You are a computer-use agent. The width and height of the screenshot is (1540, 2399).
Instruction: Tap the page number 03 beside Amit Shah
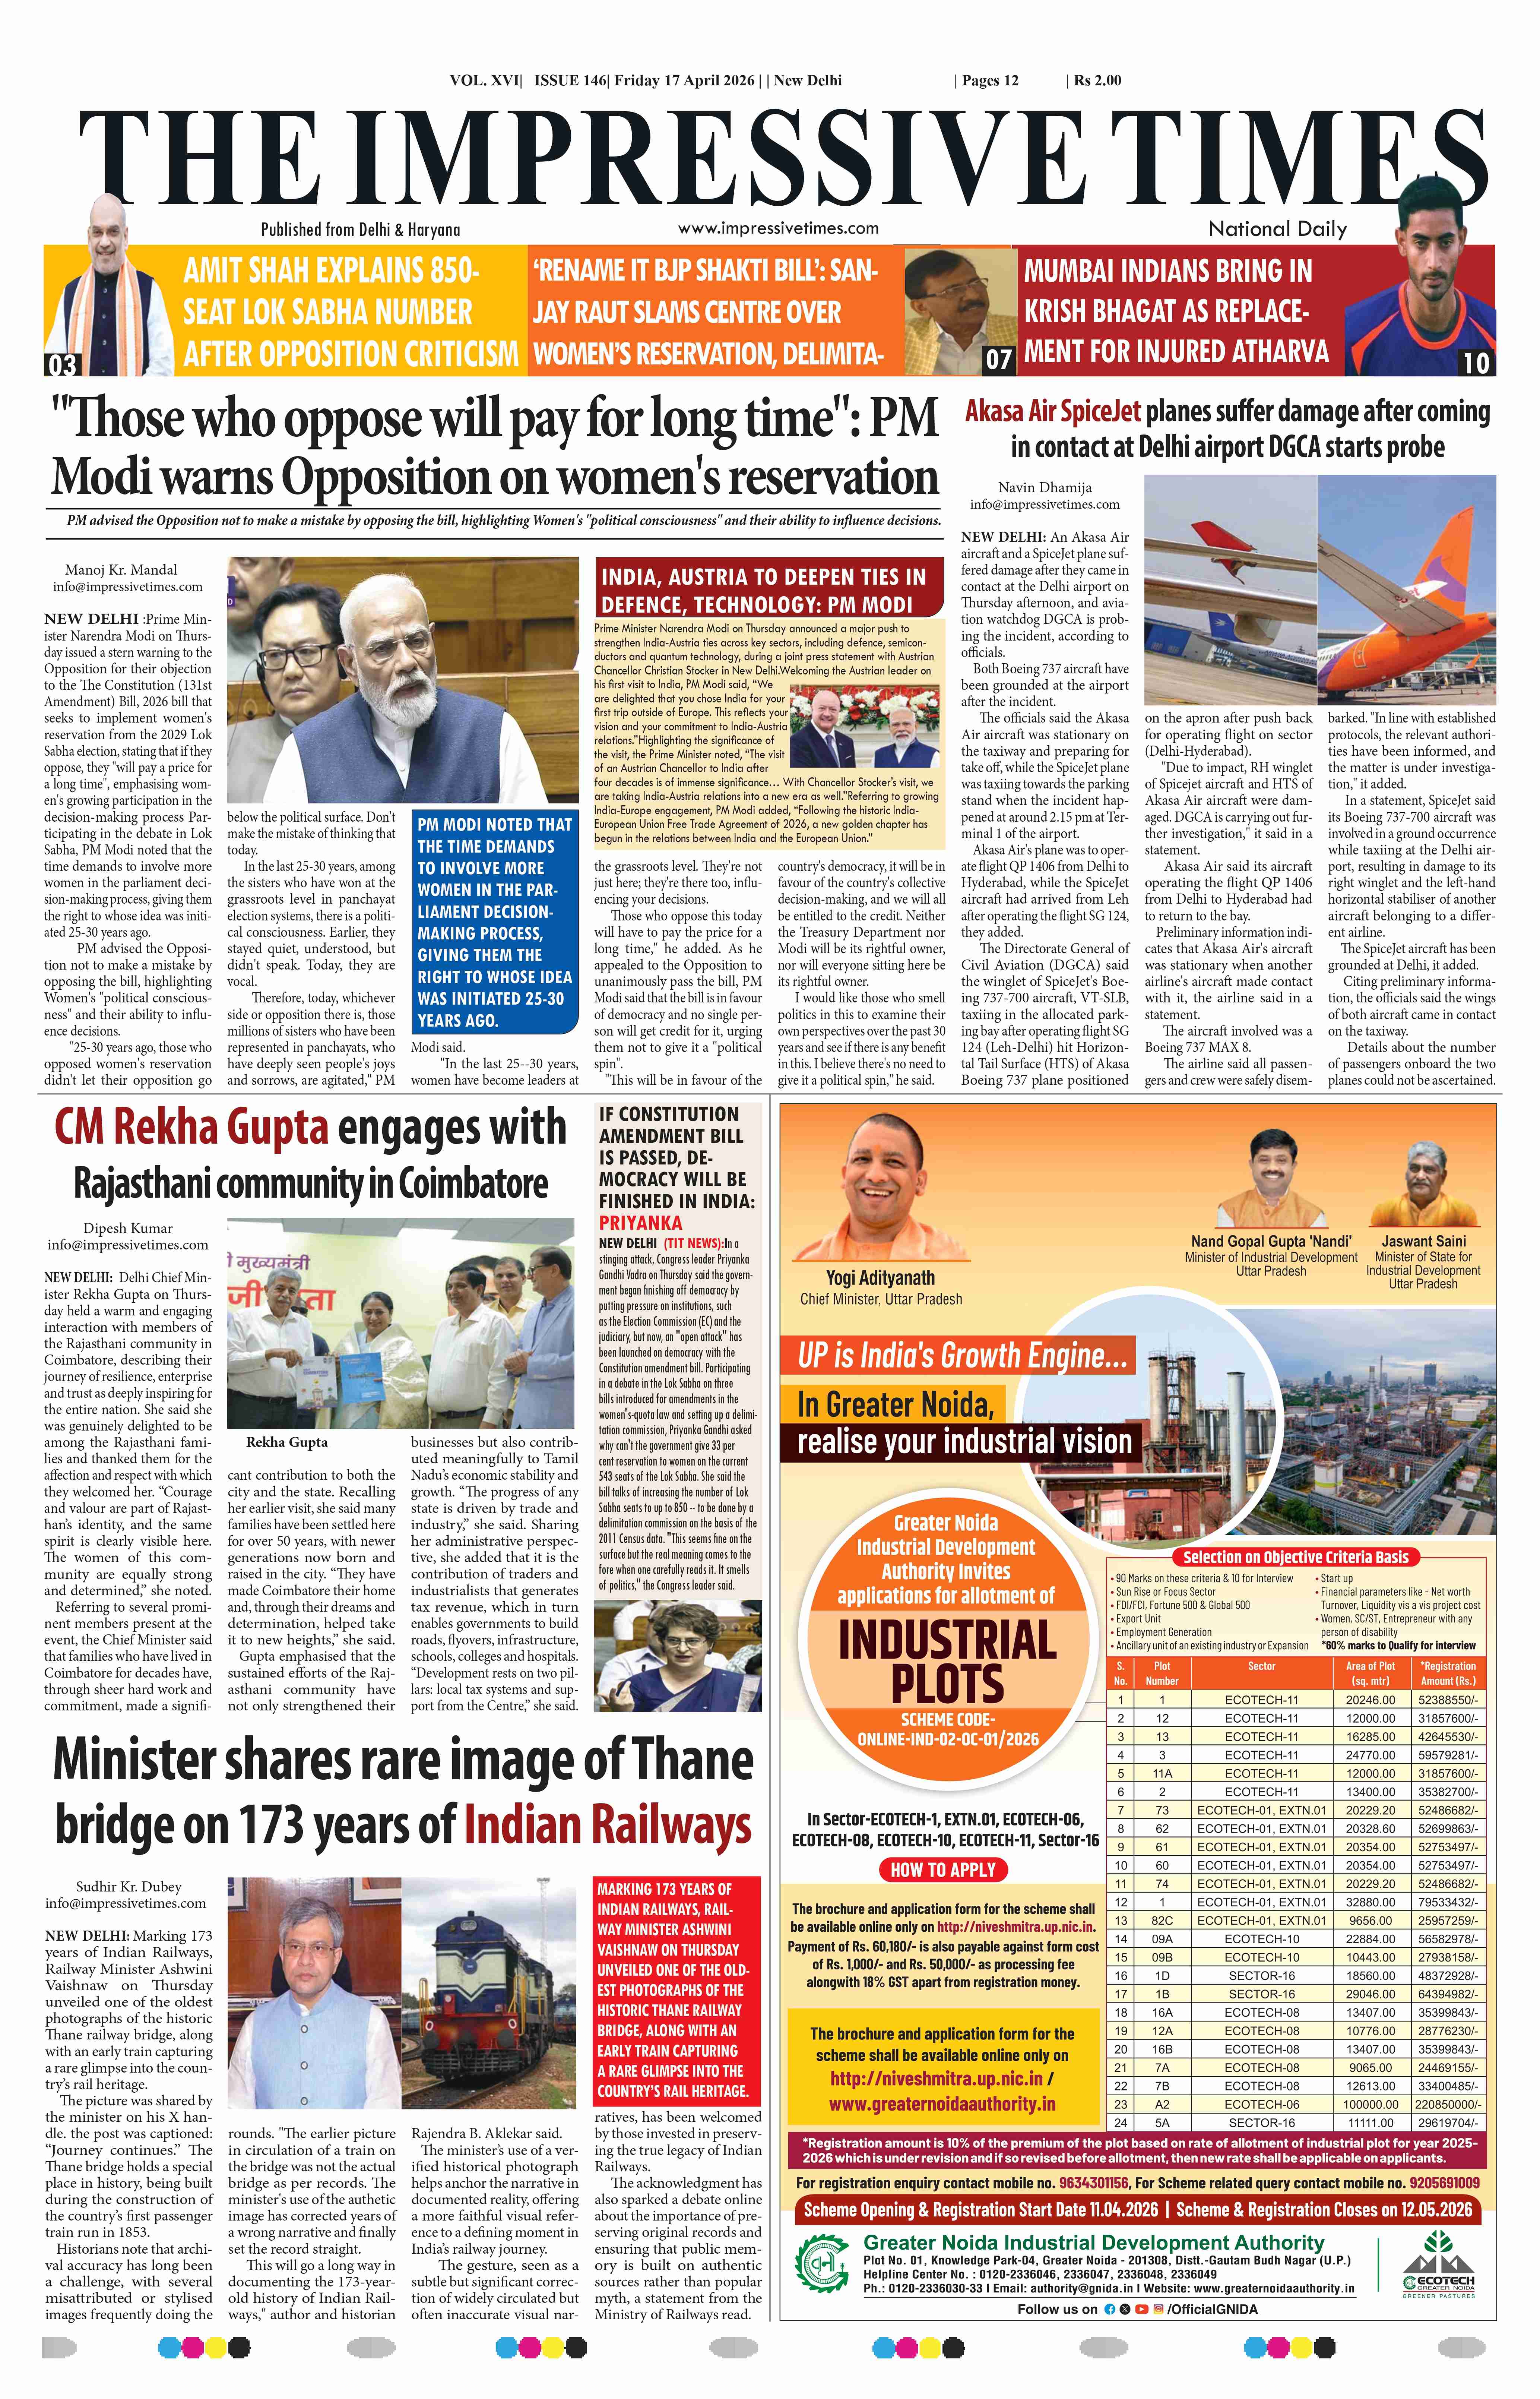[x=61, y=364]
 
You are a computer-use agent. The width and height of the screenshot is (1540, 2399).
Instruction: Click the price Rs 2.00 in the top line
[x=1097, y=80]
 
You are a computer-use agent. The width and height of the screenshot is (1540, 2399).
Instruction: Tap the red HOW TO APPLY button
[x=943, y=1869]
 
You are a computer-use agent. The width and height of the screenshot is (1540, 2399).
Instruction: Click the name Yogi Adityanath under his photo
[x=880, y=1277]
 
